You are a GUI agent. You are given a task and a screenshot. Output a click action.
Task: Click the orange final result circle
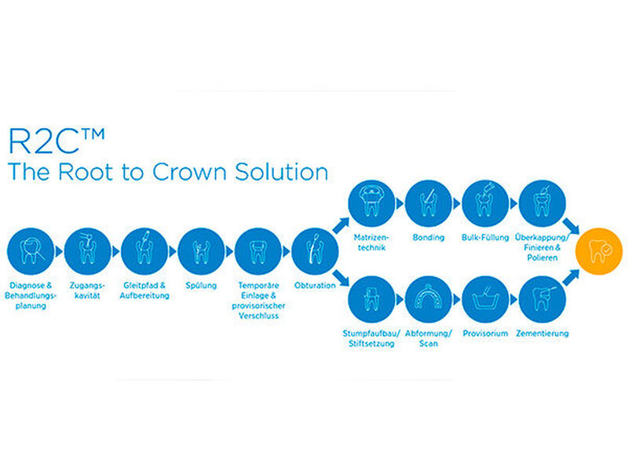coord(599,251)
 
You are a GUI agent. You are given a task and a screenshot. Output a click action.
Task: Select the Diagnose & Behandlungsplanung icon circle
coord(31,251)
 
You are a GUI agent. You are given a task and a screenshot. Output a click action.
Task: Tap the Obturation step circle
coord(315,251)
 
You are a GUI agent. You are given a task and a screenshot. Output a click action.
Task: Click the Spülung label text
coord(201,286)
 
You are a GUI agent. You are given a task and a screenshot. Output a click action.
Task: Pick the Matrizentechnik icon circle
coord(371,203)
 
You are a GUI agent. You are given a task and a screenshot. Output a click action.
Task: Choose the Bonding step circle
coord(429,203)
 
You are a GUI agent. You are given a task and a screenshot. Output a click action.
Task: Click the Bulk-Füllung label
coord(485,238)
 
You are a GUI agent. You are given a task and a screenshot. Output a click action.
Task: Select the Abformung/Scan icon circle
coord(429,299)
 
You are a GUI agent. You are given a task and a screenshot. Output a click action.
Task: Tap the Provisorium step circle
coord(485,299)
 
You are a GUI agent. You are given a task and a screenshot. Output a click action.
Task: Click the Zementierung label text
coord(542,333)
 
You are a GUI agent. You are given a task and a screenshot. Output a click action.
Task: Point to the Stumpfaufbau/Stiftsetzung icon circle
coord(371,299)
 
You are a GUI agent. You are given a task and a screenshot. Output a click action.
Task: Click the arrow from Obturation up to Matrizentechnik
coord(341,225)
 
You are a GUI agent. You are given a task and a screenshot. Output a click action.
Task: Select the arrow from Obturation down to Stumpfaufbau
coord(341,278)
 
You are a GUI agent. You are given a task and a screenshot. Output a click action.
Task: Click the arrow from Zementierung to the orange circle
coord(571,278)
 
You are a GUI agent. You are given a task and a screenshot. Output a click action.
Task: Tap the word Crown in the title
coord(189,171)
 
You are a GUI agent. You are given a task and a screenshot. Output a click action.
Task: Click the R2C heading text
coord(57,141)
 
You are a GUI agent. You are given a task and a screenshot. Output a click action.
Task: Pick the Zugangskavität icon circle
coord(87,251)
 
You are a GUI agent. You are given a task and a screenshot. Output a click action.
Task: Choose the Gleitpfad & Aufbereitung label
coord(144,290)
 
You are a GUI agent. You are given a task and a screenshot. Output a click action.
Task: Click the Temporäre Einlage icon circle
coord(258,251)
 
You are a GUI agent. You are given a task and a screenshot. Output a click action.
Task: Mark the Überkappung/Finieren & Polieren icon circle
coord(542,203)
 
